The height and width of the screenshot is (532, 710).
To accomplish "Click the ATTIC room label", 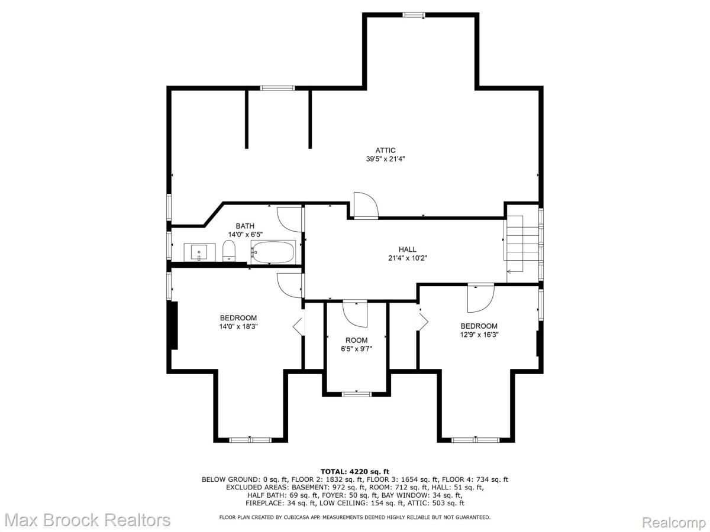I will pyautogui.click(x=385, y=150).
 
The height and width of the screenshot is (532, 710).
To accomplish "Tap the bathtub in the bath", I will pyautogui.click(x=273, y=252).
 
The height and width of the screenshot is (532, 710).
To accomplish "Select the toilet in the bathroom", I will pyautogui.click(x=229, y=253).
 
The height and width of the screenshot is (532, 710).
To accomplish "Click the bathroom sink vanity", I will pyautogui.click(x=199, y=253).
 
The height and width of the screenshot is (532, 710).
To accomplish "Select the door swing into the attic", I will pyautogui.click(x=365, y=206).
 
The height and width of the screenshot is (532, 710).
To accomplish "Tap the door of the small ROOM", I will pyautogui.click(x=356, y=313).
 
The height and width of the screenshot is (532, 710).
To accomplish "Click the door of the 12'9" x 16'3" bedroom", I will pyautogui.click(x=480, y=298).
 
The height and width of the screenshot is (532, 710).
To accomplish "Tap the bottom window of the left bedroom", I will pyautogui.click(x=250, y=439).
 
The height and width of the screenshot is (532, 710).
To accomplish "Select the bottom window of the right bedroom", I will pyautogui.click(x=475, y=439).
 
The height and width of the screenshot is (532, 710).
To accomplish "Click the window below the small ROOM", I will pyautogui.click(x=357, y=393).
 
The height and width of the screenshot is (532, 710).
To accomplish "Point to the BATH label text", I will pyautogui.click(x=245, y=226).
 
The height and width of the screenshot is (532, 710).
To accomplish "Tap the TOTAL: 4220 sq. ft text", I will pyautogui.click(x=354, y=471).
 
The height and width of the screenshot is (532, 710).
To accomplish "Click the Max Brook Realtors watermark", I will pyautogui.click(x=86, y=520).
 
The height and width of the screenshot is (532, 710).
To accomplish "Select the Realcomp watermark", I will pyautogui.click(x=673, y=522).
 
